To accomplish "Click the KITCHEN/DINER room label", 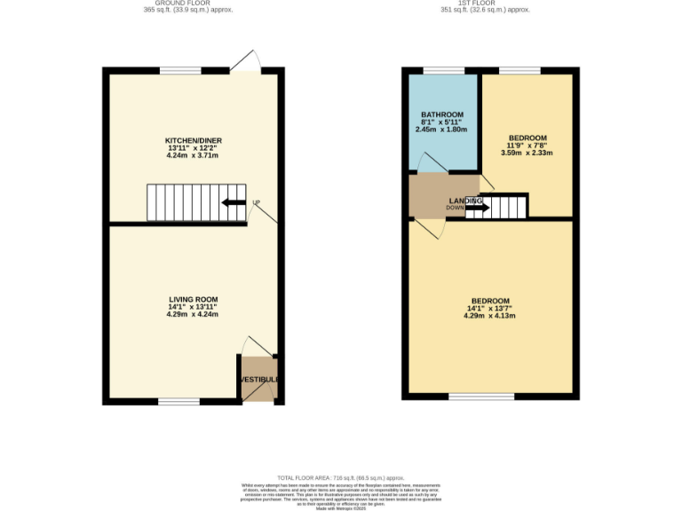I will tap(193, 141).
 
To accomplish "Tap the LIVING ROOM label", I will tap(193, 299).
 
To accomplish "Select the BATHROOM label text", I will tap(441, 115).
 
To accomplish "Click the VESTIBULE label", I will tap(258, 380).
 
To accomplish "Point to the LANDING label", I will tap(465, 201).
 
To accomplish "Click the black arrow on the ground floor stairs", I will tap(234, 202).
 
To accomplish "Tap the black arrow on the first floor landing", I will tap(477, 208).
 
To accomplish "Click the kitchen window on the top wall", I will tap(181, 70).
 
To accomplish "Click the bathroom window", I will tap(442, 70).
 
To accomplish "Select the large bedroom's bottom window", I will tap(480, 397).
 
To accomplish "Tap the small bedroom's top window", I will tap(519, 70).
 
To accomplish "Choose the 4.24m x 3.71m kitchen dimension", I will tap(193, 155).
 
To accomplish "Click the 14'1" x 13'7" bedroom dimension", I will tap(490, 308).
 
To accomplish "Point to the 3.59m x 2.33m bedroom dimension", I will tap(527, 153).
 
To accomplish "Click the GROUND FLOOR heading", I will tap(170, 3).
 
